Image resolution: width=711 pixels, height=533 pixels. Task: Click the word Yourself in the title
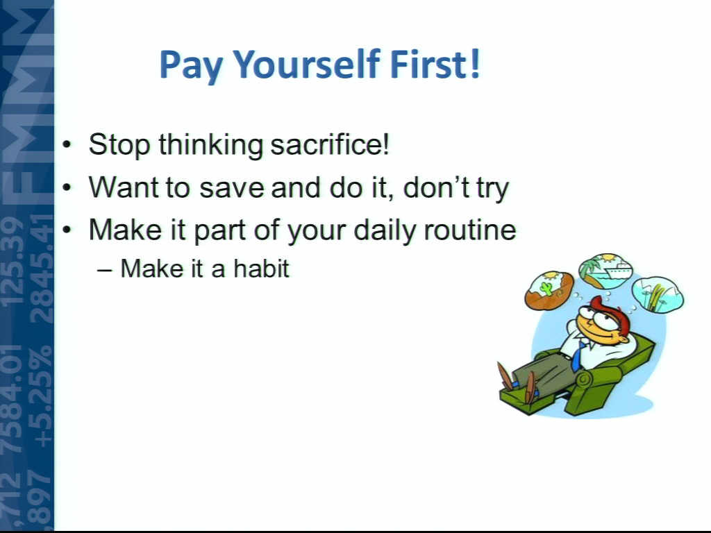tap(307, 65)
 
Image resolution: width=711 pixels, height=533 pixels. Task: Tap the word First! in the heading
tap(435, 64)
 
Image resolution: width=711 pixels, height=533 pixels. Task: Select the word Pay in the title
tap(191, 67)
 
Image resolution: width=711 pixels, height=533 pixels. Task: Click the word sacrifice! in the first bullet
tap(330, 144)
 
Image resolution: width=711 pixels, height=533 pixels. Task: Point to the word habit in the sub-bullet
tap(261, 269)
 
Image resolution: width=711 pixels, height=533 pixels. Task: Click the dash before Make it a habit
tap(105, 270)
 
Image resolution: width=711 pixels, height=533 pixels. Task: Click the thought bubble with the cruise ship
tap(605, 271)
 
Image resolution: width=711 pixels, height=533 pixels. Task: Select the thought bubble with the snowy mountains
tap(657, 294)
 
